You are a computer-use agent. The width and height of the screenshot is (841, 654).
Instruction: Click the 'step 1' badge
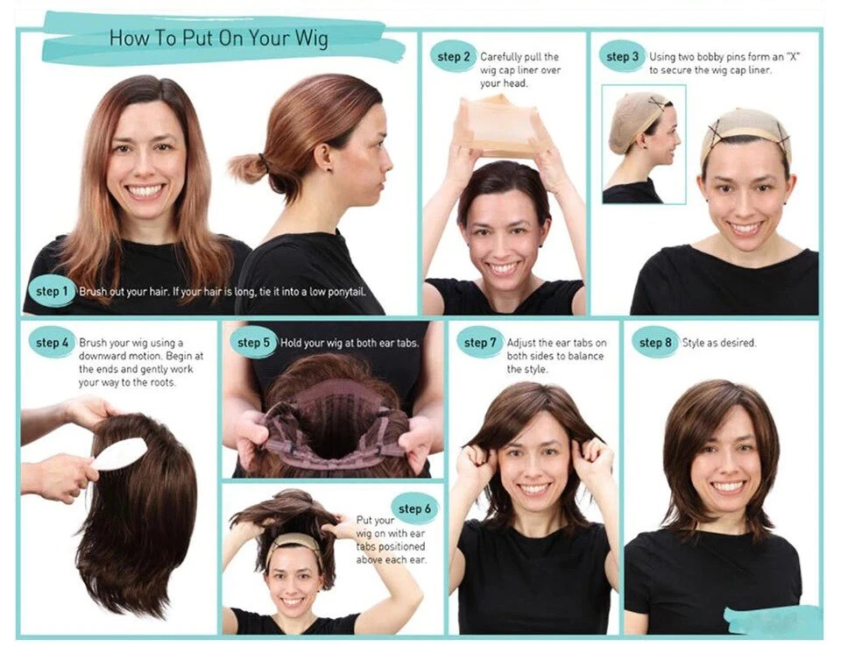coord(52,292)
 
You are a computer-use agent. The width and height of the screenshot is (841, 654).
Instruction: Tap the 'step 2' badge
coord(453,57)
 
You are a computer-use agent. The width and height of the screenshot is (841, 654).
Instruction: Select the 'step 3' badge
coord(622,56)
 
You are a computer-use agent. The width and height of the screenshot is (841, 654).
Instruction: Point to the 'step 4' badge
coord(52,343)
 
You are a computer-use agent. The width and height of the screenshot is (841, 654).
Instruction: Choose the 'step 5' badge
coord(253,343)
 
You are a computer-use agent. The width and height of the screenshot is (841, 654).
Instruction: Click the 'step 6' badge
coord(414,508)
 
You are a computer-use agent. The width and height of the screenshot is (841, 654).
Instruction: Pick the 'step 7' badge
coord(480,343)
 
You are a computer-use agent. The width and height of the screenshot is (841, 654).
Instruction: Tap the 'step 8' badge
coord(655,343)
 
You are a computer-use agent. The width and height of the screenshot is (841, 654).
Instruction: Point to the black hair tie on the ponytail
coord(264,161)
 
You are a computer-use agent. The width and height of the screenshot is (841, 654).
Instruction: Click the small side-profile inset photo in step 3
coord(644,145)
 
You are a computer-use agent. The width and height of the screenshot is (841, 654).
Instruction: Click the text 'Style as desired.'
coord(718,343)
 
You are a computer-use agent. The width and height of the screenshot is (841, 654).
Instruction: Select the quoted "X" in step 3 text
coord(794,57)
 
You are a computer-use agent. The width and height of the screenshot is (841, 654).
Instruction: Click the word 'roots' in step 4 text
coord(162,382)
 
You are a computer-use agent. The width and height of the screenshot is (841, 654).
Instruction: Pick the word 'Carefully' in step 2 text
coord(501,57)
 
